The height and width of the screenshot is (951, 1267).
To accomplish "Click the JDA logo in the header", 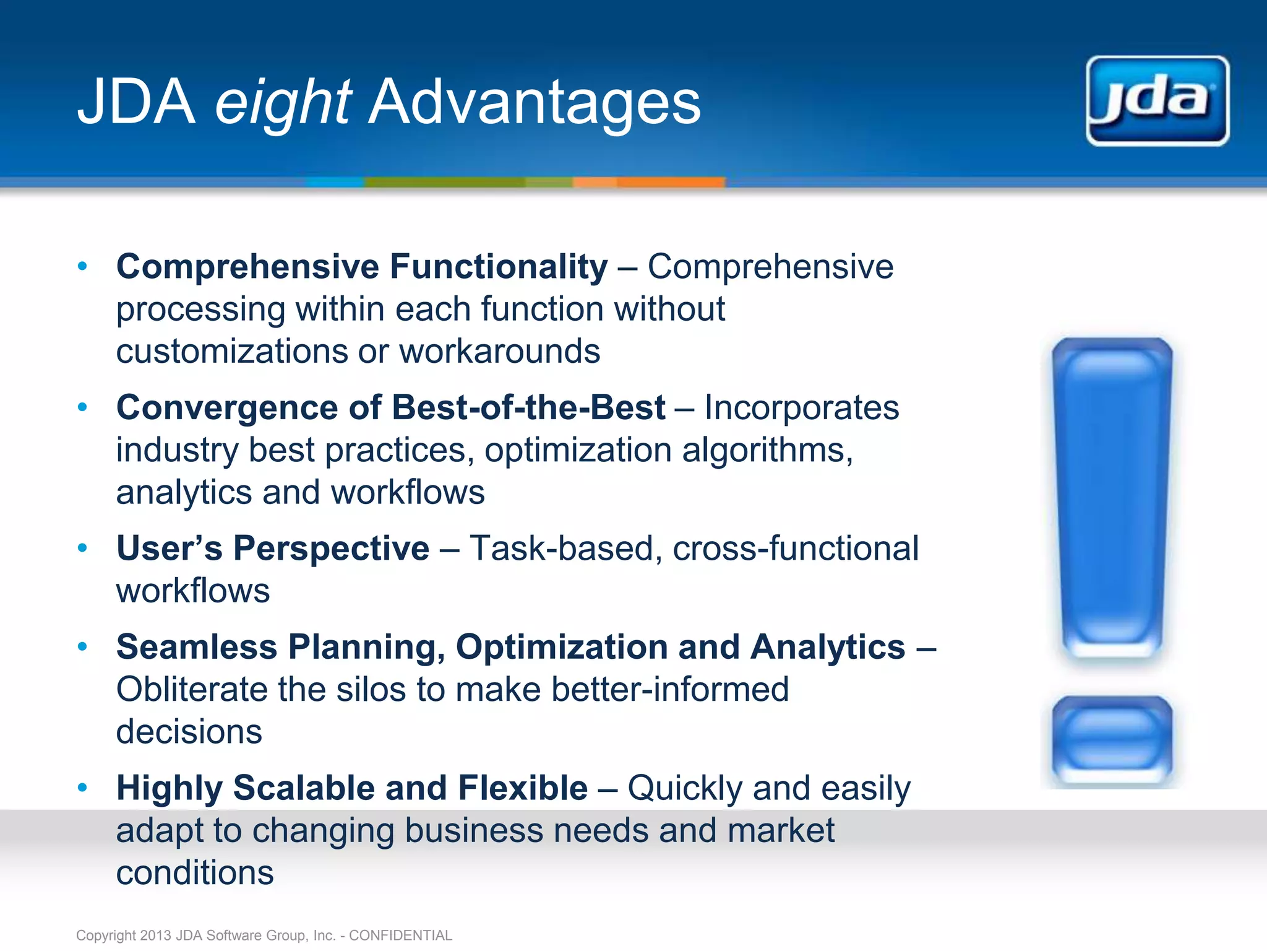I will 1157,101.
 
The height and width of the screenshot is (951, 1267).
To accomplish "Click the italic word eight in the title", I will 283,102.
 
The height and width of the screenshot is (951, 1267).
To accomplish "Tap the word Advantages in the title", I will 535,102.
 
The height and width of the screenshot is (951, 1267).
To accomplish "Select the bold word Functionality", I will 499,267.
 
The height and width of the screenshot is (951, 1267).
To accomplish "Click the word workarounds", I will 499,352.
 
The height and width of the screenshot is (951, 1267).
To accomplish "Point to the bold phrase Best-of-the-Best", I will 528,408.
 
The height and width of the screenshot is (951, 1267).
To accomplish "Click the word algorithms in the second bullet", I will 767,450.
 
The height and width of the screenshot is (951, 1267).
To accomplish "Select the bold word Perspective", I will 331,549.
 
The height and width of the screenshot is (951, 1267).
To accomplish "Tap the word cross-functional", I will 796,549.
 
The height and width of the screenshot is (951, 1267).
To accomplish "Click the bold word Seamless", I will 197,647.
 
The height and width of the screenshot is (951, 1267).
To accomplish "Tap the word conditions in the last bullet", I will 195,873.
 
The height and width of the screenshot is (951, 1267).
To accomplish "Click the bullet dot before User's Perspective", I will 82,548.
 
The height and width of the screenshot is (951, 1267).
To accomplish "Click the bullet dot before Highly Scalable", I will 82,788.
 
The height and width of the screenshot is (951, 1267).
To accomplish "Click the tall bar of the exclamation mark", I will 1112,495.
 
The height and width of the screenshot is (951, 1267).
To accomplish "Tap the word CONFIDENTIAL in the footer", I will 400,936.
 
